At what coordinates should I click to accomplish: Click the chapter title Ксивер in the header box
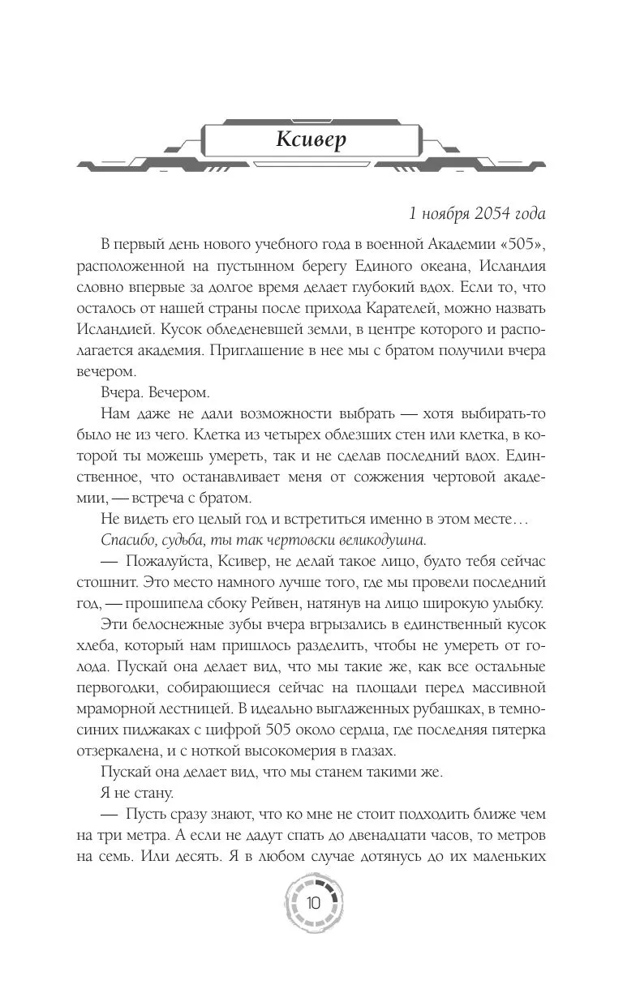[x=311, y=139]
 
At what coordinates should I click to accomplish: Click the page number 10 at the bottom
[x=311, y=903]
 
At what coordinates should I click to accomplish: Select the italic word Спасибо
[x=128, y=540]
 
